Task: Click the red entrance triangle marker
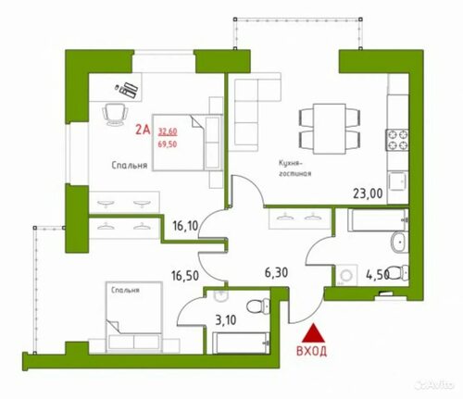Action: pos(313,333)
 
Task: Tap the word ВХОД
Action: pos(311,351)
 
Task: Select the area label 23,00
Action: pos(368,193)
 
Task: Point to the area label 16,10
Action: pos(185,226)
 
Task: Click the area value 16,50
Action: pos(185,276)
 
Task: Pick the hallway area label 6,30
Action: pos(276,272)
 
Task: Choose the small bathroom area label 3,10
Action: pos(226,320)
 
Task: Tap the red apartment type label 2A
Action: pos(143,130)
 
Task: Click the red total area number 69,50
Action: pos(168,144)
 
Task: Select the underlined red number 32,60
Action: pos(168,131)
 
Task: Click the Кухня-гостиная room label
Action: pos(294,168)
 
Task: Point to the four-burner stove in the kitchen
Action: pos(398,140)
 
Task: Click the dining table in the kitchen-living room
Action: pos(330,129)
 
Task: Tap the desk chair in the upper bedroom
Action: pos(115,114)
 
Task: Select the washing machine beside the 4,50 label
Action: pos(346,274)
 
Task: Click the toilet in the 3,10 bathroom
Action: pos(258,305)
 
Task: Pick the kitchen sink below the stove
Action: pos(398,181)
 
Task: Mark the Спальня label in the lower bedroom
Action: pos(125,291)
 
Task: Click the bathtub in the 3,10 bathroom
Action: pos(241,343)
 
